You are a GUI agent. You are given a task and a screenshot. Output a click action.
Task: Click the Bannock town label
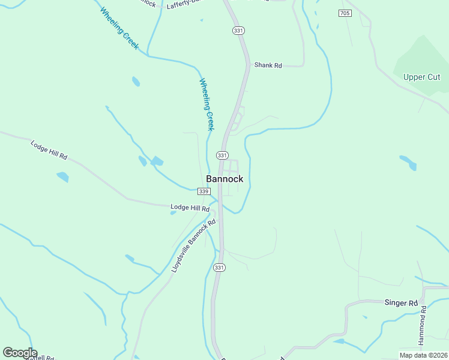[224, 179]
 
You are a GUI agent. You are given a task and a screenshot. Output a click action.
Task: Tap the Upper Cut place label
[422, 77]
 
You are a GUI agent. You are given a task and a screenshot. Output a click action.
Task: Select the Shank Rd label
[268, 65]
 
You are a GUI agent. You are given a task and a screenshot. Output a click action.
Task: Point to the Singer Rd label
[400, 303]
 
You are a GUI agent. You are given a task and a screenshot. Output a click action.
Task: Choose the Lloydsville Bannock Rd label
[193, 247]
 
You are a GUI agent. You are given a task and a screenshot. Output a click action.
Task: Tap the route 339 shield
[204, 191]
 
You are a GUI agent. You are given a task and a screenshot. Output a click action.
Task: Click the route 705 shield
[345, 13]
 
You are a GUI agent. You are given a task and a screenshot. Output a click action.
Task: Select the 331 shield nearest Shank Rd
[239, 31]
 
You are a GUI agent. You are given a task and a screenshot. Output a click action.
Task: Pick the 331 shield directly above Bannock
[222, 155]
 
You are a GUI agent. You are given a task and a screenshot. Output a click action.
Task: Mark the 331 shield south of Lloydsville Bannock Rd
[220, 268]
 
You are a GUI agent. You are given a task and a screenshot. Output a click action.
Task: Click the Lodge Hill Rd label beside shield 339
[190, 208]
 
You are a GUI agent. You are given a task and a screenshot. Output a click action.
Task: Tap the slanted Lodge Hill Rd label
[49, 150]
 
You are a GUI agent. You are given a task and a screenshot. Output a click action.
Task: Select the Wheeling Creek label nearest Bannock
[207, 105]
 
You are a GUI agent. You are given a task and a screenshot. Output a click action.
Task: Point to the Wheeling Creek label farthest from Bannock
[121, 28]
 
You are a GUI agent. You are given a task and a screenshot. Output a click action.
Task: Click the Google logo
[20, 353]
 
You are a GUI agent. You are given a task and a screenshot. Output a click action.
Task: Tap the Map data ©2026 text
[423, 355]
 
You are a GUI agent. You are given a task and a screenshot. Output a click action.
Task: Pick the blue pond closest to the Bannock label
[157, 161]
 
